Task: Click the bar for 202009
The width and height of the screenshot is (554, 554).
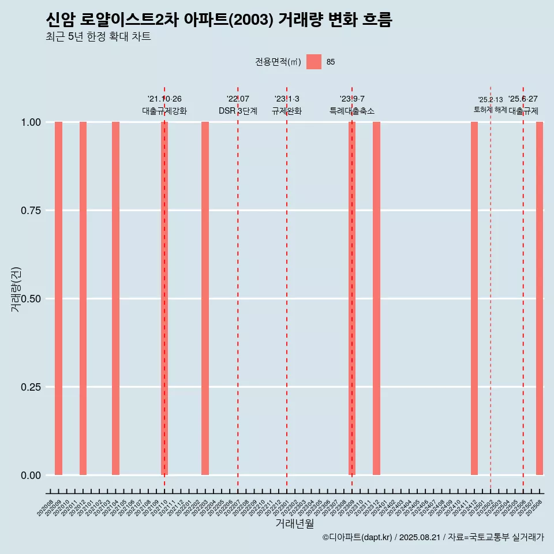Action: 58,298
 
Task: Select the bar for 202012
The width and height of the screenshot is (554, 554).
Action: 83,298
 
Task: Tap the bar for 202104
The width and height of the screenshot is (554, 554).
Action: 115,298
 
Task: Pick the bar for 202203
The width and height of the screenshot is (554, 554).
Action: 205,298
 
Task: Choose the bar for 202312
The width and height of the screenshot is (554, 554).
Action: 376,298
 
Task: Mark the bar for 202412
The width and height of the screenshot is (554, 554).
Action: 474,298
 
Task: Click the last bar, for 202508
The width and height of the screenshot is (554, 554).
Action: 540,298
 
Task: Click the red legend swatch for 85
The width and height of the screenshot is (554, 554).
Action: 314,62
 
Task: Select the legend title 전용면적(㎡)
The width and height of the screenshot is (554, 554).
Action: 278,62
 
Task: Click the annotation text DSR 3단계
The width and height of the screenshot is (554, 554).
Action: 238,111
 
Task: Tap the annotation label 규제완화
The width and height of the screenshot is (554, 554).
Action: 287,111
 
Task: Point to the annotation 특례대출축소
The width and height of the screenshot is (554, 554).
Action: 352,111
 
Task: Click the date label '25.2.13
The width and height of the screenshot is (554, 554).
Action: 491,100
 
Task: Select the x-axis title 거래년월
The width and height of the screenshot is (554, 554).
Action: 295,524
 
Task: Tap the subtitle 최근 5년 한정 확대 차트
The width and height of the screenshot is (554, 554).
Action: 98,37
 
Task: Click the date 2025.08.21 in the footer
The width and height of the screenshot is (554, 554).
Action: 420,537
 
